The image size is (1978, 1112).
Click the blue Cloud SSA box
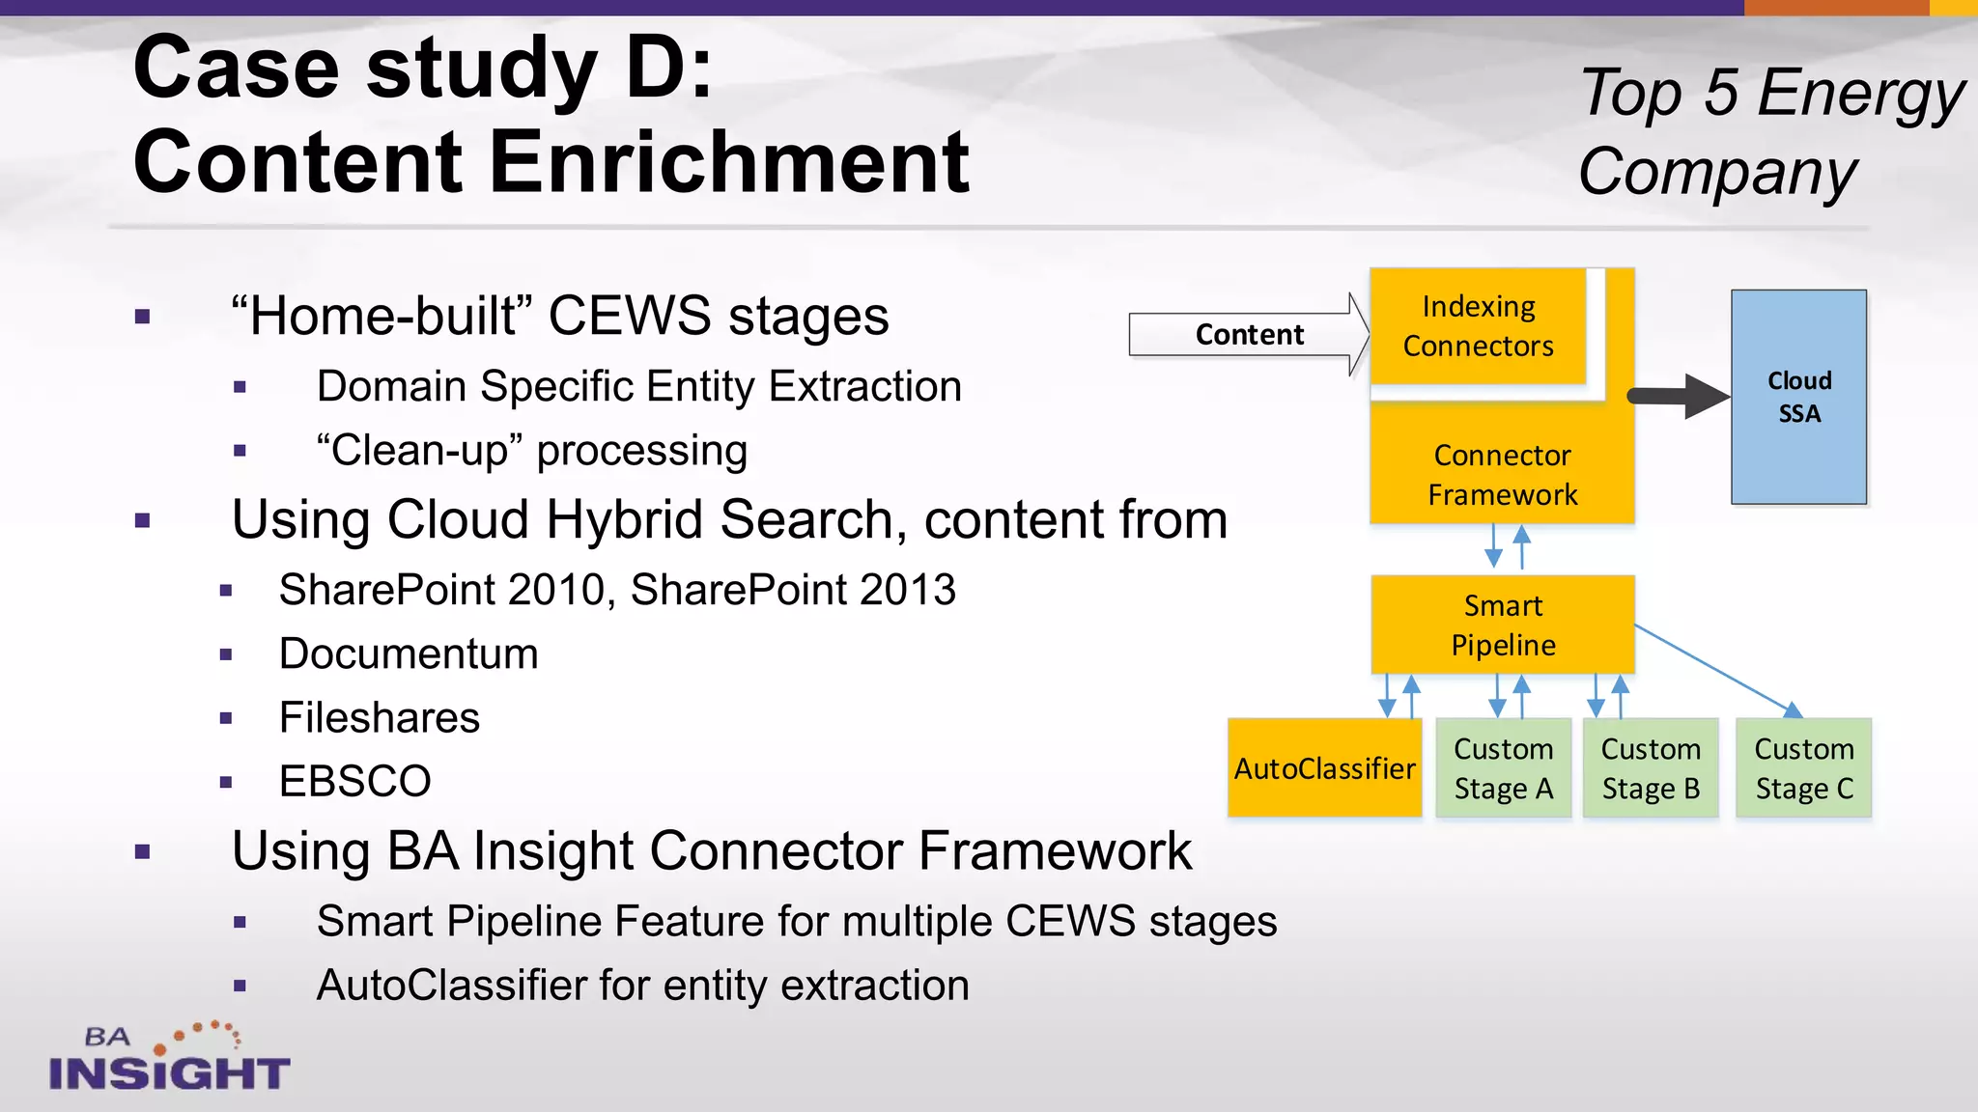pos(1798,397)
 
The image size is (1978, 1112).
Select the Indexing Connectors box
pos(1478,326)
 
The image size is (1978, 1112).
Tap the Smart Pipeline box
pos(1503,625)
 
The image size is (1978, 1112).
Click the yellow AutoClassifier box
pos(1324,767)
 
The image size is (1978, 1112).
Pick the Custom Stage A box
pos(1503,768)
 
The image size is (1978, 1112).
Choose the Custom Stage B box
pos(1651,768)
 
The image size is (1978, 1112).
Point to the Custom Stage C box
pos(1803,768)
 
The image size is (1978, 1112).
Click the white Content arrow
pos(1249,334)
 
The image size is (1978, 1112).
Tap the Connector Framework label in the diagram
pos(1503,474)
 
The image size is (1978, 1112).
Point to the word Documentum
pos(409,653)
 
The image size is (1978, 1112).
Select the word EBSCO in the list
pos(354,781)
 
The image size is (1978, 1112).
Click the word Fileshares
pos(380,717)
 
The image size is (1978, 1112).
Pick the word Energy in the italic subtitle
pos(1860,94)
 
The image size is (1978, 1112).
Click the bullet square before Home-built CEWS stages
pos(143,317)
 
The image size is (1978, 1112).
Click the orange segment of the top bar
pos(1835,7)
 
